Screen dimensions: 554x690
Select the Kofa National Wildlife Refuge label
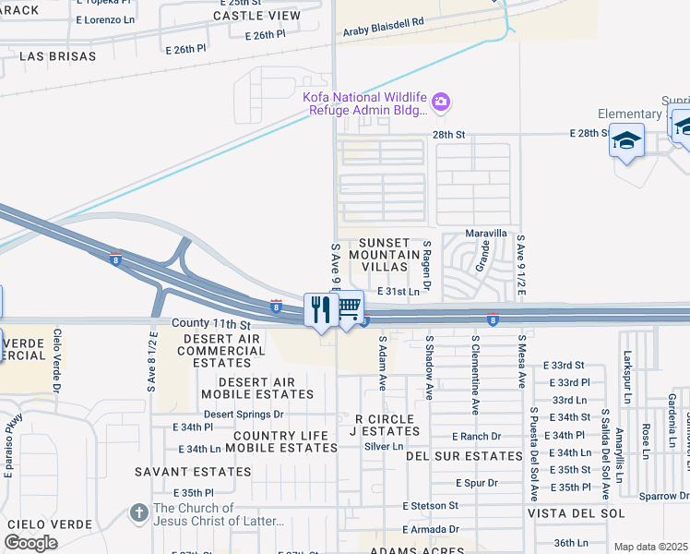click(365, 102)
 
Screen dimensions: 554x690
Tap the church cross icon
click(138, 512)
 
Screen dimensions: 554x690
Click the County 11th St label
click(211, 325)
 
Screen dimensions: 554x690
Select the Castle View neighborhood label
click(256, 16)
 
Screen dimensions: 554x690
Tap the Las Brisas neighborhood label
click(57, 56)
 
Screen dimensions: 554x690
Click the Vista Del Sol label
click(576, 513)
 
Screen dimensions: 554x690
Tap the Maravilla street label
click(486, 233)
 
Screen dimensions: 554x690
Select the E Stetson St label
click(430, 506)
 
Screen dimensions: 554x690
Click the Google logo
click(30, 543)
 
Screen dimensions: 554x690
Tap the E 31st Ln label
click(399, 292)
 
